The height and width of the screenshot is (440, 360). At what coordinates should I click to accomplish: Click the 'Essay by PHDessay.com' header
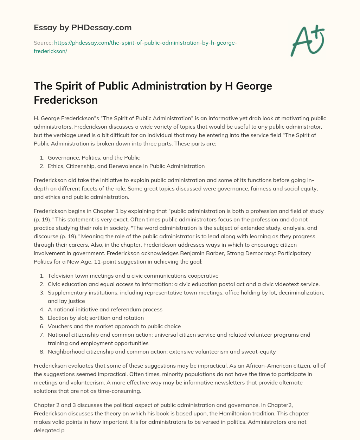[x=83, y=27]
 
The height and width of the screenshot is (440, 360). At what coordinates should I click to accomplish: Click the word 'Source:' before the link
[x=43, y=43]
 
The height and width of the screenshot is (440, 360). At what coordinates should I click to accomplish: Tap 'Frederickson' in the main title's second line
[x=65, y=100]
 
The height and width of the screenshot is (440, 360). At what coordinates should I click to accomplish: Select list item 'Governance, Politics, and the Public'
[x=94, y=157]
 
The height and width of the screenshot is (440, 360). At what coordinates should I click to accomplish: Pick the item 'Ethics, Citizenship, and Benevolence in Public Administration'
[x=126, y=166]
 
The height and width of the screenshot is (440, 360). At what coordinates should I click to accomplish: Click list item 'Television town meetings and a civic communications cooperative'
[x=133, y=276]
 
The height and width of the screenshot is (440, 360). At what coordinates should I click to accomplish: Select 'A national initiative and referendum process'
[x=105, y=309]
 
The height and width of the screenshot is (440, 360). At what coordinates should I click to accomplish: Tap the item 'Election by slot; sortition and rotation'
[x=96, y=318]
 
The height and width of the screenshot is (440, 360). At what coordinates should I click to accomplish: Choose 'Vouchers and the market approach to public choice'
[x=114, y=326]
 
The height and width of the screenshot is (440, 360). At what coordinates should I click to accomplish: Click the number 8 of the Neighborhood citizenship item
[x=41, y=351]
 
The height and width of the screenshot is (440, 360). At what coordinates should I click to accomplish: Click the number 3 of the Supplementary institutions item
[x=41, y=292]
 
